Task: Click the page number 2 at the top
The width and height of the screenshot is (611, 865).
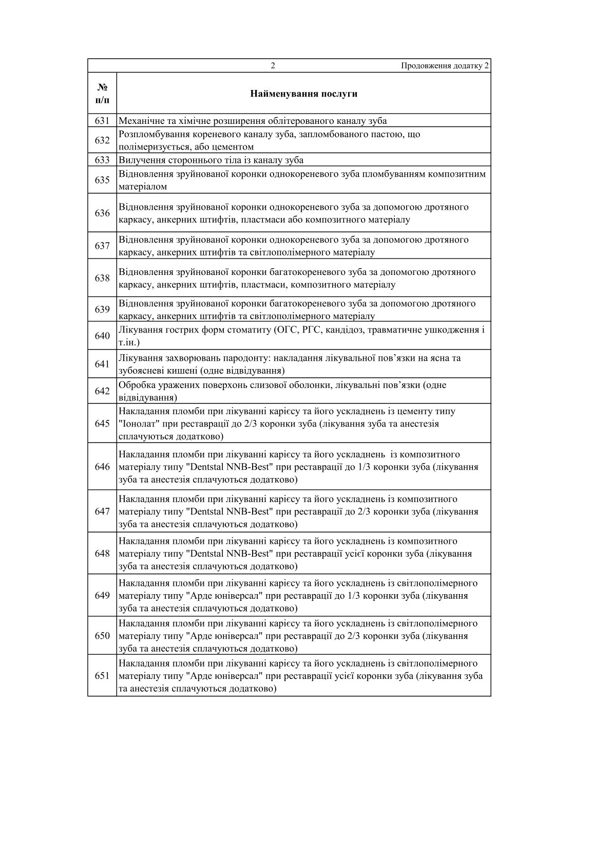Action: [x=273, y=66]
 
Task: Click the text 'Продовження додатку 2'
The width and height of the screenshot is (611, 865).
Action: [x=445, y=66]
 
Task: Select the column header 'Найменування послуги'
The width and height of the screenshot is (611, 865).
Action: [x=303, y=94]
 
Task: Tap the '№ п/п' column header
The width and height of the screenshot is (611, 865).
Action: [x=102, y=93]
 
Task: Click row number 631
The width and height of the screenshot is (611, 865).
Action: [x=102, y=121]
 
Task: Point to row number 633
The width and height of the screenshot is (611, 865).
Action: [x=102, y=160]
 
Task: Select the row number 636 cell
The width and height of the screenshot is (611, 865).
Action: [x=102, y=213]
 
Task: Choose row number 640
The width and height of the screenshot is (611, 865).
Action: [x=102, y=336]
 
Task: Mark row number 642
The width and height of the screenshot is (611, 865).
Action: [x=102, y=391]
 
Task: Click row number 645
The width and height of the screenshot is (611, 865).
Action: [x=102, y=424]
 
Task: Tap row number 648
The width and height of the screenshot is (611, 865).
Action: [x=102, y=554]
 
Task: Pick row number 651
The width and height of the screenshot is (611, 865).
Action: [x=102, y=676]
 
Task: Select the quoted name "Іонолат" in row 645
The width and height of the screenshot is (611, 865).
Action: [x=137, y=424]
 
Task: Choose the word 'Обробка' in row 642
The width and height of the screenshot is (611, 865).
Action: [x=135, y=385]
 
